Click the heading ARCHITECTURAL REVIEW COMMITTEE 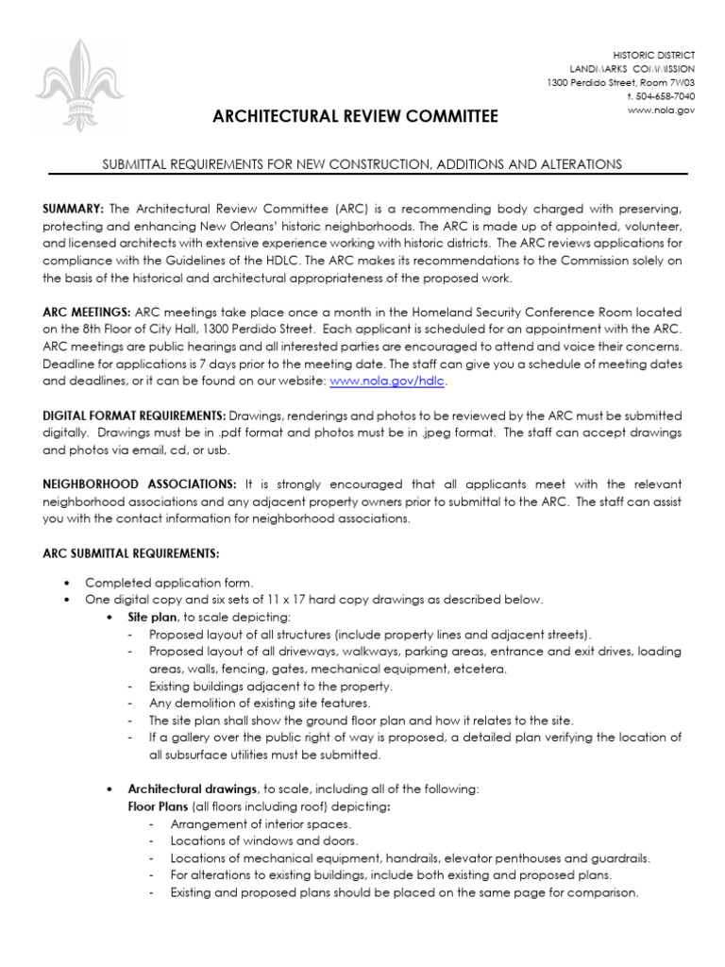pos(354,116)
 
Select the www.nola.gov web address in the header pos(661,110)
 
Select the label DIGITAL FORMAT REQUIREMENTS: pos(134,416)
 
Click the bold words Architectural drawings pos(192,789)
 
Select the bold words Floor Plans pos(158,806)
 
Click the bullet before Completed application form pos(65,583)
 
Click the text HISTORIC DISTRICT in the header pos(654,56)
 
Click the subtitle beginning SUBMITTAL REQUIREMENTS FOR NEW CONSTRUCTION pos(362,164)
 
